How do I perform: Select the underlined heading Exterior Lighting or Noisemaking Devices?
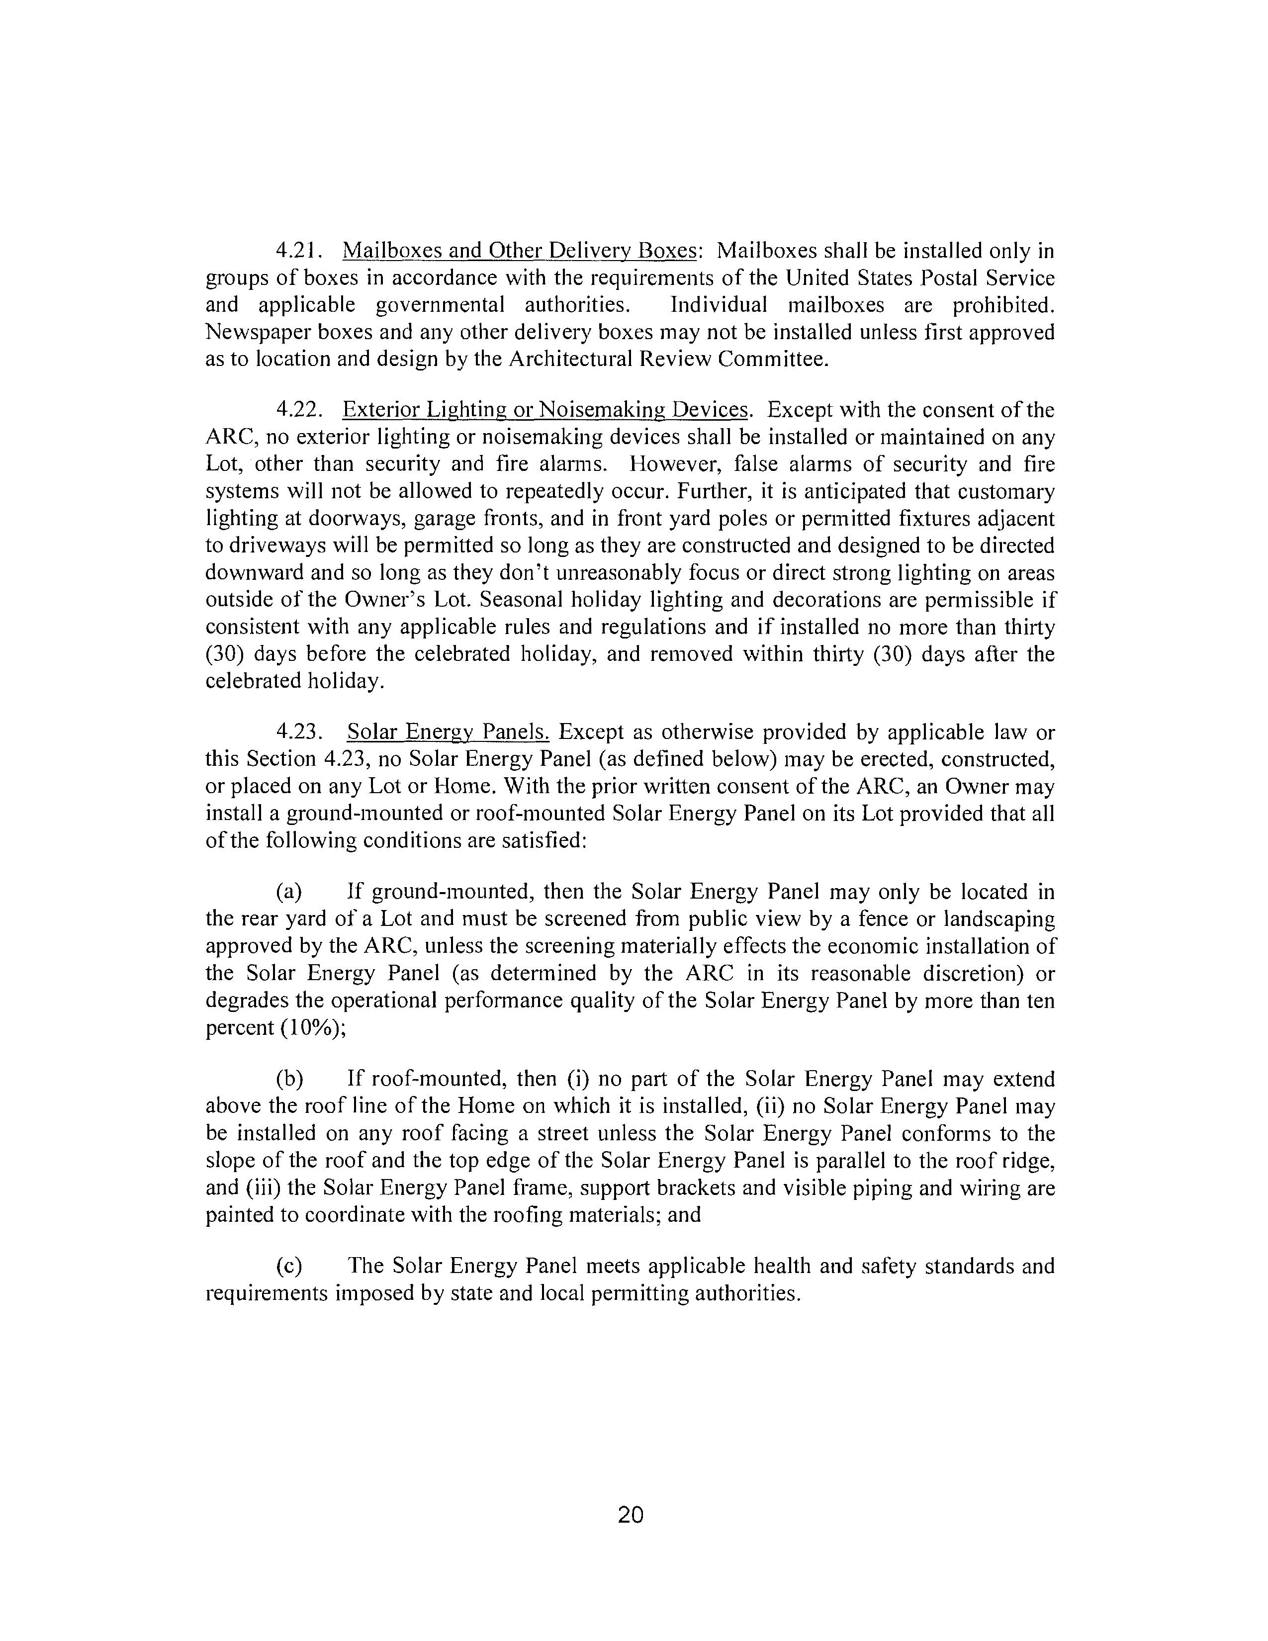click(x=545, y=410)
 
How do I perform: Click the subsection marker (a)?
click(x=289, y=892)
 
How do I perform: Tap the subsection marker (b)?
click(x=289, y=1080)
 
